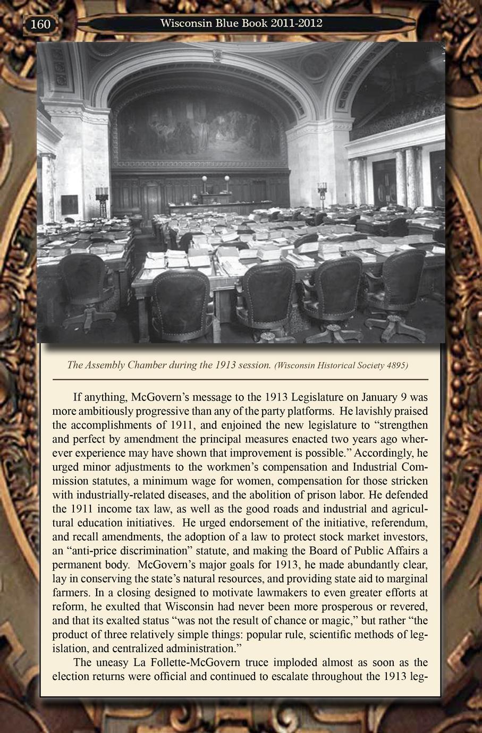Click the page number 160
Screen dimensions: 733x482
point(40,24)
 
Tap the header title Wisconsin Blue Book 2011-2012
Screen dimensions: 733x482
point(241,23)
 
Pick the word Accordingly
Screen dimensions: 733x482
point(383,453)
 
